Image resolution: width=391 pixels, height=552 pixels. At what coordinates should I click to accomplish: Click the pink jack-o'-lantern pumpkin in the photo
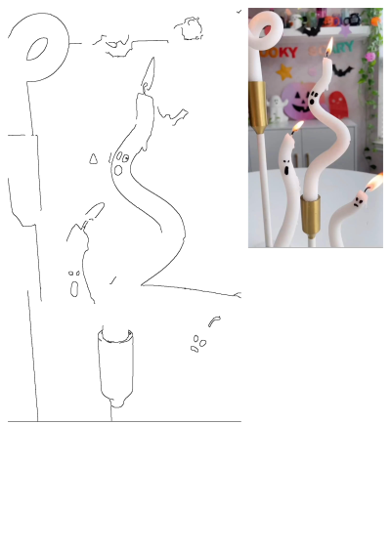click(293, 103)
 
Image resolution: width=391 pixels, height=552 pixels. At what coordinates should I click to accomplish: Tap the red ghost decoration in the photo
click(337, 105)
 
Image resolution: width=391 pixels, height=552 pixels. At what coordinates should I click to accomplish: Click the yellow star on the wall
click(283, 71)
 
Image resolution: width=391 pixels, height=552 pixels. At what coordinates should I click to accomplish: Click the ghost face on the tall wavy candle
click(312, 96)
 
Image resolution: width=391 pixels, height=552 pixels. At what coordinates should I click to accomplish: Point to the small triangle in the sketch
click(93, 158)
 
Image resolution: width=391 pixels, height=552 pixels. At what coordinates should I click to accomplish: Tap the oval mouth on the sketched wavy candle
click(118, 169)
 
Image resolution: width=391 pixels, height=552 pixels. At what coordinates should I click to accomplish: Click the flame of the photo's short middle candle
click(297, 127)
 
